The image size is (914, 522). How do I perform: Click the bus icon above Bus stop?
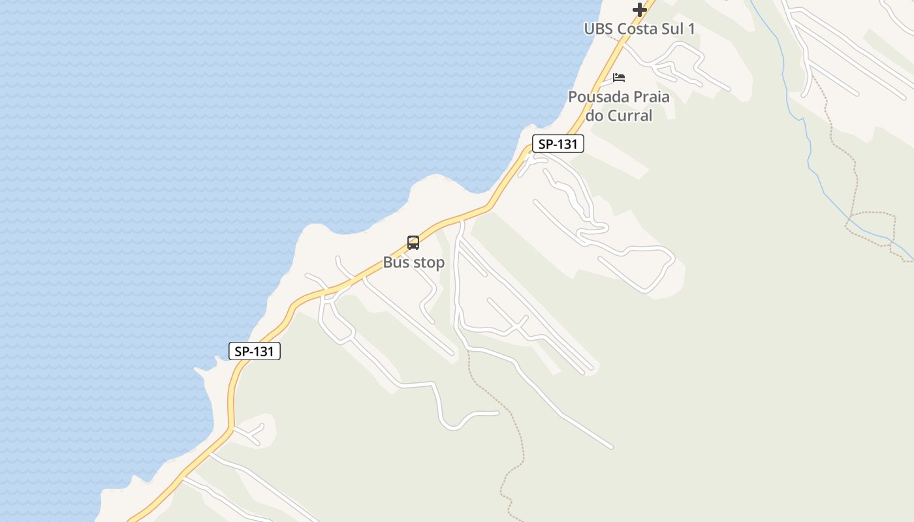pyautogui.click(x=413, y=243)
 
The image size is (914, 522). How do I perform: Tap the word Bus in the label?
pyautogui.click(x=395, y=262)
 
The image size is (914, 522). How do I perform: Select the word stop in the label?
pyautogui.click(x=427, y=262)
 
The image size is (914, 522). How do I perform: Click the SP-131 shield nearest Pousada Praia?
pyautogui.click(x=558, y=144)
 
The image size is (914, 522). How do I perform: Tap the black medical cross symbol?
pyautogui.click(x=640, y=10)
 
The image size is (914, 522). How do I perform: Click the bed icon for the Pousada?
pyautogui.click(x=619, y=78)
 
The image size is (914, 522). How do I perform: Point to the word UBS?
pyautogui.click(x=599, y=29)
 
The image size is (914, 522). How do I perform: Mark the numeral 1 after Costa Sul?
pyautogui.click(x=691, y=29)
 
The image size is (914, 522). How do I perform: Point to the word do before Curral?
pyautogui.click(x=595, y=115)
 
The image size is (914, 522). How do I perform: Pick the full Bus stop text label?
pyautogui.click(x=413, y=262)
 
